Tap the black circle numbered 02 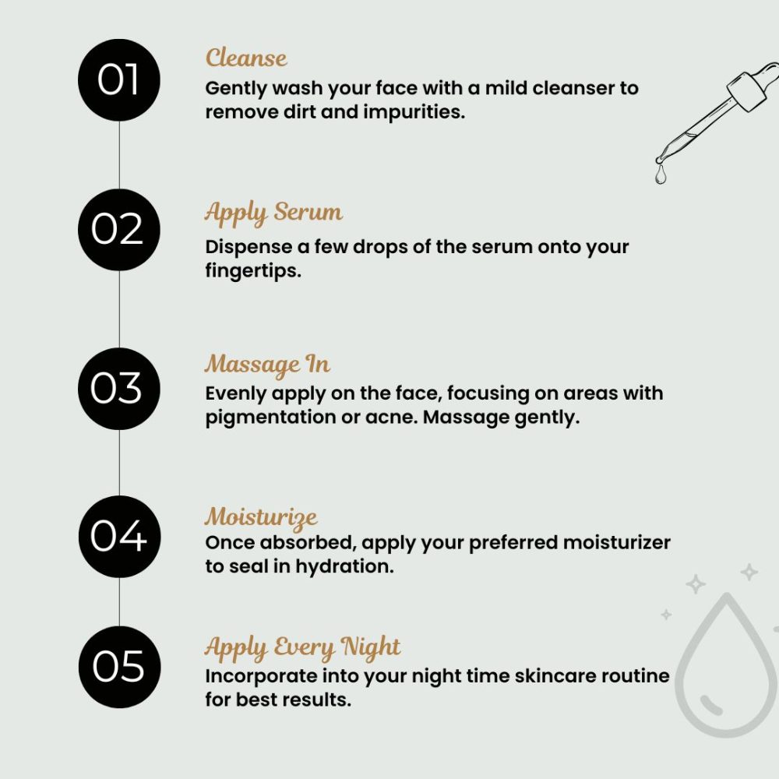pyautogui.click(x=118, y=230)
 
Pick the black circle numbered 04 pyautogui.click(x=118, y=536)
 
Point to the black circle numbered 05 pyautogui.click(x=118, y=667)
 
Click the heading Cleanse pyautogui.click(x=246, y=58)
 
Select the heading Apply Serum pyautogui.click(x=273, y=213)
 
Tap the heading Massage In pyautogui.click(x=267, y=365)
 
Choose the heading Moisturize pyautogui.click(x=261, y=516)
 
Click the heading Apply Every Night pyautogui.click(x=303, y=647)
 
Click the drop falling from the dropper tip pyautogui.click(x=661, y=175)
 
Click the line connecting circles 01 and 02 pyautogui.click(x=118, y=156)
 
